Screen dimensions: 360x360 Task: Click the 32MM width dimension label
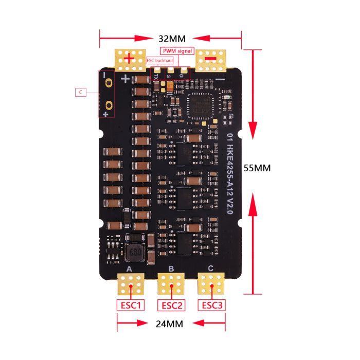[x=172, y=39]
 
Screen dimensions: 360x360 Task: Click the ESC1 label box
[x=130, y=305]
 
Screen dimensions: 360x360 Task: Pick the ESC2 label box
[x=172, y=305]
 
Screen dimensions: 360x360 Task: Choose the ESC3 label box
[x=212, y=305]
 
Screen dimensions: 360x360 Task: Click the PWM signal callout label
[x=177, y=51]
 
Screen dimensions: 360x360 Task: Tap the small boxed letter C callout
[x=80, y=93]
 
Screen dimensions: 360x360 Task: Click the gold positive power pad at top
[x=130, y=60]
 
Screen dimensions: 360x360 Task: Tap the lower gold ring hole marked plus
[x=109, y=106]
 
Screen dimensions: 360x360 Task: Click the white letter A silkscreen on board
[x=129, y=268]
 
